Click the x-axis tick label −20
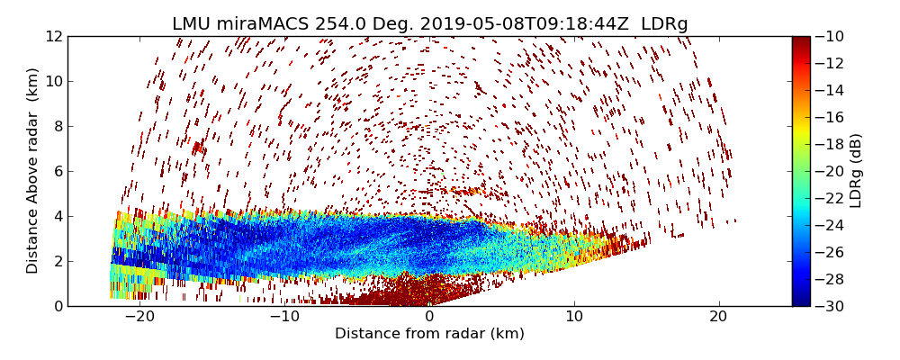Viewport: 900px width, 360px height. (x=139, y=317)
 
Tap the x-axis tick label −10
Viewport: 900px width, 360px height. (x=284, y=317)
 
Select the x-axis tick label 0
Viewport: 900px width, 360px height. (x=429, y=317)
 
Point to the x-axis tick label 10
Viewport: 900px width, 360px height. (x=574, y=317)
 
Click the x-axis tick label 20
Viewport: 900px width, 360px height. (x=718, y=317)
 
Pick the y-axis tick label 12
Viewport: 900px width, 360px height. (x=53, y=36)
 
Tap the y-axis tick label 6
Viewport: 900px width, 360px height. (x=57, y=171)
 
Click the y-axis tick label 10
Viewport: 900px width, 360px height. (x=53, y=81)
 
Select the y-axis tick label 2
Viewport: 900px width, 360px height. (x=57, y=261)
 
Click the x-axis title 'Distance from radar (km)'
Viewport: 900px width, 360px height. (x=429, y=334)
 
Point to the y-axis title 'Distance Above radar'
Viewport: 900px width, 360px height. (x=33, y=171)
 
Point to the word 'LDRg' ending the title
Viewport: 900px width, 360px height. (x=664, y=24)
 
